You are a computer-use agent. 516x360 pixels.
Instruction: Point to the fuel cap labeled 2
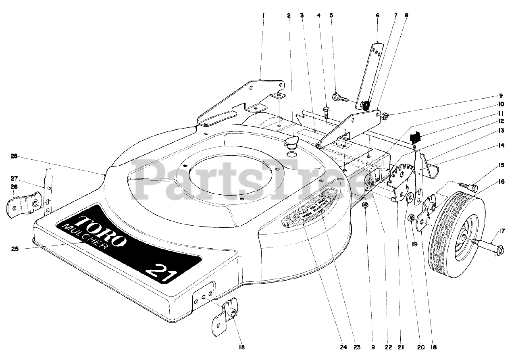click(x=291, y=143)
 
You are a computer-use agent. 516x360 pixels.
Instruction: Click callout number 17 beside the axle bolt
click(x=502, y=231)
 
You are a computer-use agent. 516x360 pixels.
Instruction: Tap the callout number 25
click(x=15, y=249)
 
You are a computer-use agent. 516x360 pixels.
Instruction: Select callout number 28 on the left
click(x=15, y=156)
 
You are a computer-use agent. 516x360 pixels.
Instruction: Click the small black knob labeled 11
click(x=415, y=137)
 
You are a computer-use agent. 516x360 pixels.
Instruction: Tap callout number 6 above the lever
click(x=377, y=15)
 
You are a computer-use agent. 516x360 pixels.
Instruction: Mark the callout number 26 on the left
click(x=15, y=187)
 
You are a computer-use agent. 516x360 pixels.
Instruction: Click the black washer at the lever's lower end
click(x=366, y=106)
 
